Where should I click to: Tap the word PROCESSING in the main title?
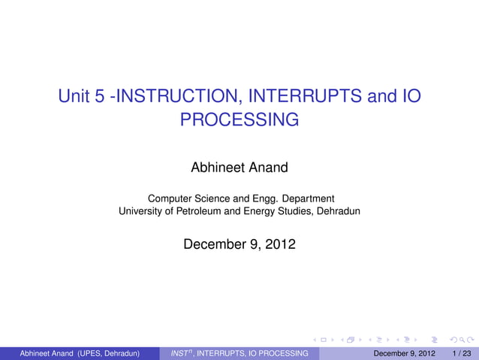coord(239,119)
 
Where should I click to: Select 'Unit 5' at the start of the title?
coord(82,97)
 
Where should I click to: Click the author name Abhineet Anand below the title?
coord(239,168)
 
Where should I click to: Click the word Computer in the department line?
coord(169,198)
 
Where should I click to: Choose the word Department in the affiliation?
coord(304,198)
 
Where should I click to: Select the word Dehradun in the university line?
coord(338,211)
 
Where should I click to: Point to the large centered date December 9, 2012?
coord(239,244)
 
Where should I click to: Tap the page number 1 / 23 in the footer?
coord(462,352)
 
